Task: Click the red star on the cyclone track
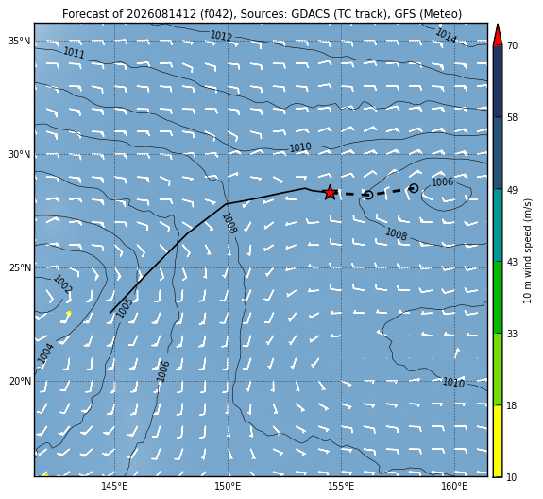tap(330, 193)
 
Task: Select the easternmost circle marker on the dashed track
tap(414, 188)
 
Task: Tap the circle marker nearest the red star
tap(368, 195)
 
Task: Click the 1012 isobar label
tap(221, 36)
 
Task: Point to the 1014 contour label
tap(446, 35)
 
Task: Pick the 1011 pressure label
tap(74, 53)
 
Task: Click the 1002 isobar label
tap(62, 284)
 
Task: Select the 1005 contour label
tap(124, 308)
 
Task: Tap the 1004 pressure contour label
tap(45, 353)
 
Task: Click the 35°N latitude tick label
tap(20, 42)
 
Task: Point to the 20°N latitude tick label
tap(20, 382)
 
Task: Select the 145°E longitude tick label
tap(114, 486)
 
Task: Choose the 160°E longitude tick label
tap(454, 486)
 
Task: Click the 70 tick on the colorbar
tap(512, 45)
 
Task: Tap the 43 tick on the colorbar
tap(512, 262)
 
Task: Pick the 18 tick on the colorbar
tap(512, 405)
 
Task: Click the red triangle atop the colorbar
tap(498, 35)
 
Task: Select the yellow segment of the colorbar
tap(498, 441)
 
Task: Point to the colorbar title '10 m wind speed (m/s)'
tap(527, 250)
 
